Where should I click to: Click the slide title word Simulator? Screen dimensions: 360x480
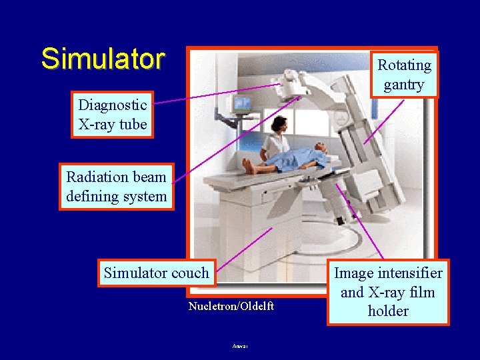pyautogui.click(x=102, y=59)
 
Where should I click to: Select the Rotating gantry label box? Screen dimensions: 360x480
pyautogui.click(x=404, y=74)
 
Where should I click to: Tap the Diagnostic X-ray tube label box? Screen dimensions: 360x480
pyautogui.click(x=113, y=115)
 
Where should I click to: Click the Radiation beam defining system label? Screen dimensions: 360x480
pyautogui.click(x=117, y=187)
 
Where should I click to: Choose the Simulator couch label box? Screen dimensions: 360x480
pyautogui.click(x=157, y=273)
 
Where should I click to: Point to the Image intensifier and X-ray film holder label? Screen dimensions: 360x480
pyautogui.click(x=388, y=292)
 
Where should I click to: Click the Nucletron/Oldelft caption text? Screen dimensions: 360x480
pyautogui.click(x=231, y=306)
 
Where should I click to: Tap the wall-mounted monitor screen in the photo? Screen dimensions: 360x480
pyautogui.click(x=241, y=104)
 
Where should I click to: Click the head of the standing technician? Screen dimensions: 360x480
pyautogui.click(x=279, y=123)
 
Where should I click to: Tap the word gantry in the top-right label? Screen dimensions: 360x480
pyautogui.click(x=404, y=84)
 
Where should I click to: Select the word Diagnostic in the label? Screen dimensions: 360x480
pyautogui.click(x=113, y=105)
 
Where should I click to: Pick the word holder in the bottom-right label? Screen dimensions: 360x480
pyautogui.click(x=388, y=311)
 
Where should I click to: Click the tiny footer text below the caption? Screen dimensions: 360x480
pyautogui.click(x=240, y=346)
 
